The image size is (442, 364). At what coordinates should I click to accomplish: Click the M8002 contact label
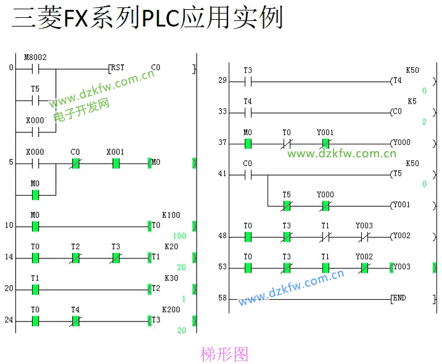point(35,57)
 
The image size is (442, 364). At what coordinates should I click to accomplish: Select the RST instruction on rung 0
point(117,67)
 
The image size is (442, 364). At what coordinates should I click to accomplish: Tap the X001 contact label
point(115,152)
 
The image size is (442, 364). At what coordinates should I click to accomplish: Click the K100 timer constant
point(171,215)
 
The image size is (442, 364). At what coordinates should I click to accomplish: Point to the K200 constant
point(171,310)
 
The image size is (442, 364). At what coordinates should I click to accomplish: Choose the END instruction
point(399,299)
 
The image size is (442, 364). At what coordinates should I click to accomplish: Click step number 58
point(223,299)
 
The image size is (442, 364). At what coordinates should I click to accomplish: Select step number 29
point(223,81)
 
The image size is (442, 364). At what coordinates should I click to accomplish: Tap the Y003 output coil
point(401,267)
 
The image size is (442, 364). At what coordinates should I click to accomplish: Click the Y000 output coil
point(401,143)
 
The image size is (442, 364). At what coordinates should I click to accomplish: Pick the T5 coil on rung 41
point(397,174)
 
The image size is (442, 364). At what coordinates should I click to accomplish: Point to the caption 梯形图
point(224,354)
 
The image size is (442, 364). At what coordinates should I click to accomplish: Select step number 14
point(9,257)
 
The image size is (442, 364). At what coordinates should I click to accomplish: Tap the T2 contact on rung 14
point(75,257)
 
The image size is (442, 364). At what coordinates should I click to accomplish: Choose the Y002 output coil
point(401,236)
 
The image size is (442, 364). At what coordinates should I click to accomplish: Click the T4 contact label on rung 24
point(75,310)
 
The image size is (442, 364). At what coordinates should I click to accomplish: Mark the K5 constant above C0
point(412,101)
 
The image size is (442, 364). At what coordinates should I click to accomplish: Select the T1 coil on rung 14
point(156,257)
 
